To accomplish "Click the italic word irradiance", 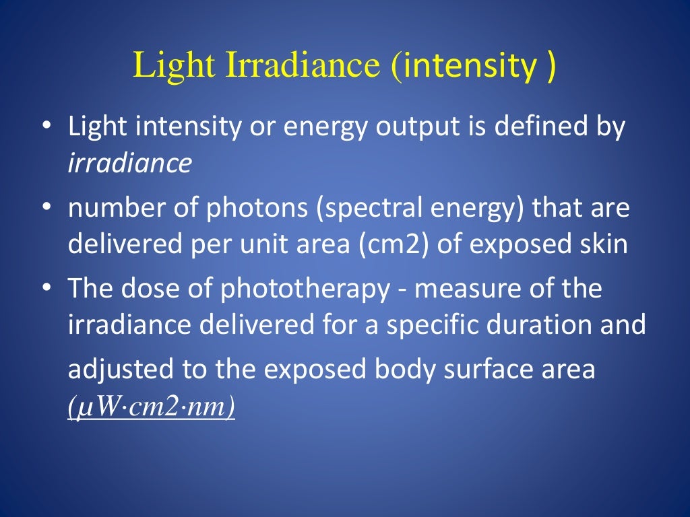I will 129,164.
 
